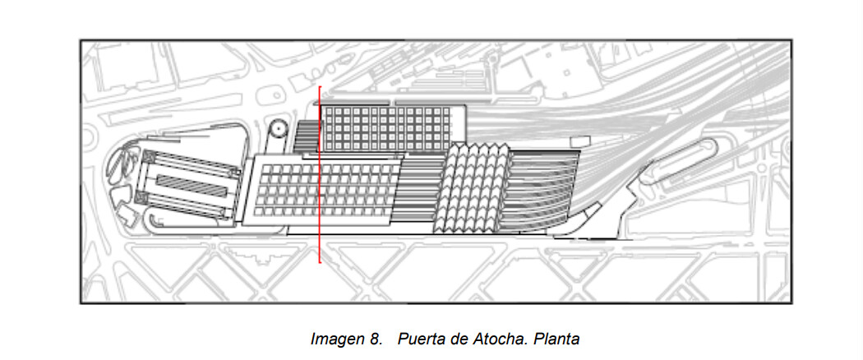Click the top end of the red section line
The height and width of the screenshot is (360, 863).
(x=320, y=86)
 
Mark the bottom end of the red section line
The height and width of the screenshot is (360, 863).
(x=320, y=262)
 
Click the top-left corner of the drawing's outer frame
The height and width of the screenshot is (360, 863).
(x=81, y=40)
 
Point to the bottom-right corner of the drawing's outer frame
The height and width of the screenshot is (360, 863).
(x=791, y=302)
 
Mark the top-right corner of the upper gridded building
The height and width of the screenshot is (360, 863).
(x=466, y=105)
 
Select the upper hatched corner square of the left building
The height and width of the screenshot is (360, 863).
(x=148, y=157)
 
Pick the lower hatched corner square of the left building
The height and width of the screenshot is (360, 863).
(x=139, y=199)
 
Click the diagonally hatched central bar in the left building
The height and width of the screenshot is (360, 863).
(x=192, y=186)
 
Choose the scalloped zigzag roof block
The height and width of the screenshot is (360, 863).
(x=473, y=187)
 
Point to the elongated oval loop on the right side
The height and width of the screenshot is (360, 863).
(x=679, y=160)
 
